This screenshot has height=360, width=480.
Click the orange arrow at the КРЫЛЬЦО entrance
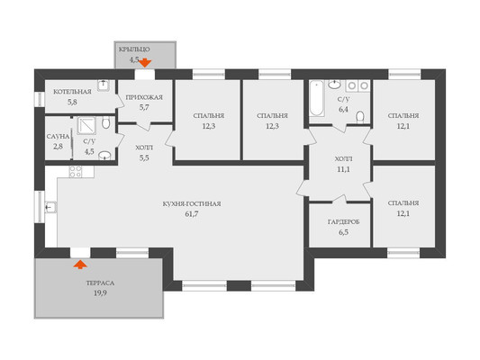point(145,63)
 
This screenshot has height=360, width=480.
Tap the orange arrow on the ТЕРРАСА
point(80,265)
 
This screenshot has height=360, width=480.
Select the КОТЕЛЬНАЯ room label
point(72,92)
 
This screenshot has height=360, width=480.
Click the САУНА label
point(58,137)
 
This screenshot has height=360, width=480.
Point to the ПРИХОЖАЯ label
point(144,97)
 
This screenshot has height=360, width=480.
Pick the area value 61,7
point(192,214)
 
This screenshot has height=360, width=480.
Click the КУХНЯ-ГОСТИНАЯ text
point(192,203)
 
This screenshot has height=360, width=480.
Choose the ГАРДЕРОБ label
point(343,221)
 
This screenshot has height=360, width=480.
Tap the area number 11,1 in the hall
point(343,169)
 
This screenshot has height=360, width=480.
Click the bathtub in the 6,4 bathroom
point(316,98)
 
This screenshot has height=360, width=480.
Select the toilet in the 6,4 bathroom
point(360,118)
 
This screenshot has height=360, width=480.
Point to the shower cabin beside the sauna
point(86,125)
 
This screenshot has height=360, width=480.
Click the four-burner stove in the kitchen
point(76,172)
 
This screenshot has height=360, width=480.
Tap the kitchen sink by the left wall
point(50,207)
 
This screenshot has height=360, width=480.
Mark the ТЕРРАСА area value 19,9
point(100,293)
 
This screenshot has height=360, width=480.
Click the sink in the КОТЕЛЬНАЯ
point(104,85)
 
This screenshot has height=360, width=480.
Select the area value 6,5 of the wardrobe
point(343,232)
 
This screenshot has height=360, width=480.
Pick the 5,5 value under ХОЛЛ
point(144,158)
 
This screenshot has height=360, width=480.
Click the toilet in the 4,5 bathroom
point(106,122)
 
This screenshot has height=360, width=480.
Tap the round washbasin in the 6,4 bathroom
point(334,84)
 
